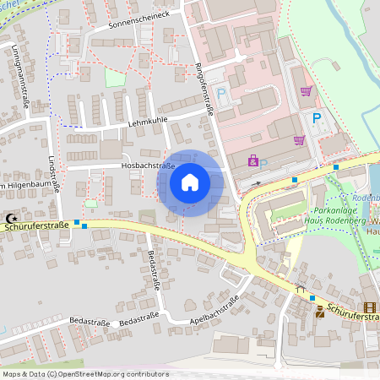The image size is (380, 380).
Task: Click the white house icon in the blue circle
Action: coord(190,182)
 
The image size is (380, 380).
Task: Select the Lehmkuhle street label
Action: coord(148,121)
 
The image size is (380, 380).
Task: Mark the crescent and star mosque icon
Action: coord(11,217)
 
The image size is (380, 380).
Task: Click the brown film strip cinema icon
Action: coord(370,308)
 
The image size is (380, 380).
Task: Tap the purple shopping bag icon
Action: coord(252,159)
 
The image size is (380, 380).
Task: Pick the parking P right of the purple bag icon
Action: coord(263,162)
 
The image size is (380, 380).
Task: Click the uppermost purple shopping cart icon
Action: coord(306,91)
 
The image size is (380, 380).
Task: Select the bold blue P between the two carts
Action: coord(317,117)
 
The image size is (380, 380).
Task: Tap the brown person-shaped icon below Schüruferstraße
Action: coord(320,312)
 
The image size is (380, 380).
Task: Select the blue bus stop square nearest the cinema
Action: coord(312,297)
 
